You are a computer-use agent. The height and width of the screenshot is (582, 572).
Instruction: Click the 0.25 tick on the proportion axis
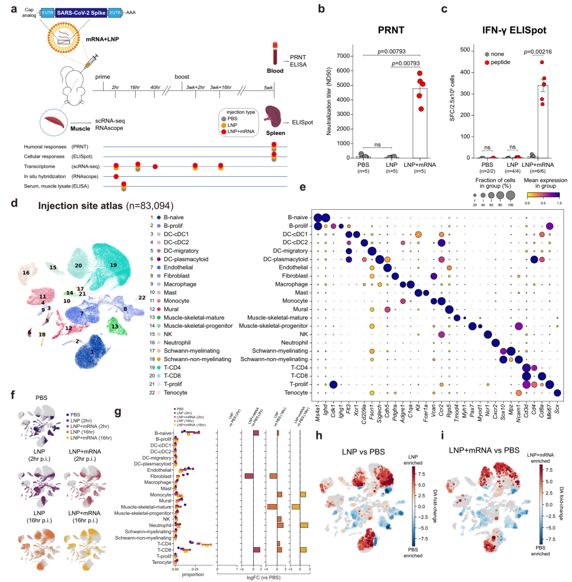(x=194, y=564)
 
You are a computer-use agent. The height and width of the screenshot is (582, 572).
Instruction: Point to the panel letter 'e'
(x=302, y=187)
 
